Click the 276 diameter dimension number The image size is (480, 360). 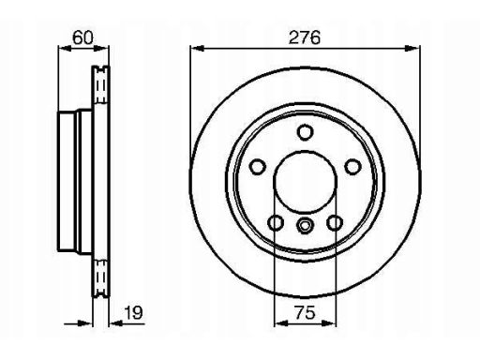[x=305, y=37]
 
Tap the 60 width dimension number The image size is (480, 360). [x=82, y=37]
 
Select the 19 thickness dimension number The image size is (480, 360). [x=134, y=312]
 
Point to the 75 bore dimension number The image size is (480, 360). [x=305, y=312]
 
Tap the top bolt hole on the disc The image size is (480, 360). [x=305, y=132]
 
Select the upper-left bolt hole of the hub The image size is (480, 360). [x=258, y=167]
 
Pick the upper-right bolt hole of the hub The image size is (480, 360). [x=352, y=167]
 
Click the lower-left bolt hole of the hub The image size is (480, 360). [x=276, y=223]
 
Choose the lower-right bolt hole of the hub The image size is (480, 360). [x=335, y=223]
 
